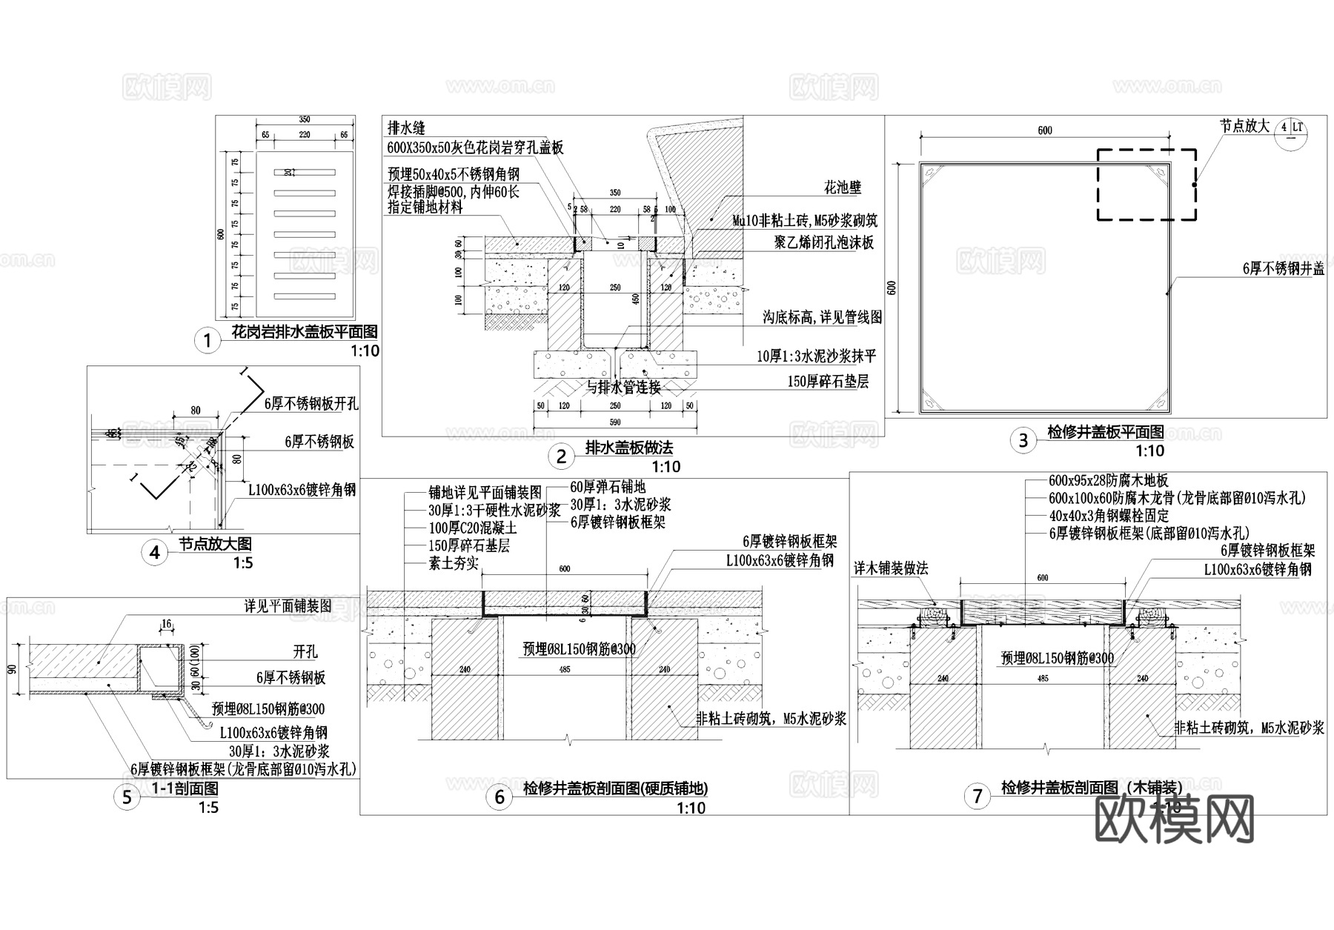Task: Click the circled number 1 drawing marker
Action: (x=208, y=340)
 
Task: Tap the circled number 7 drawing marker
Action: (x=978, y=797)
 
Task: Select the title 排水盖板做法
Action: (x=629, y=448)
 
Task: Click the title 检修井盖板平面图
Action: (x=1105, y=431)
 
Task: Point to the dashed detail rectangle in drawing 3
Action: (x=1146, y=185)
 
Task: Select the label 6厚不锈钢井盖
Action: (x=1283, y=269)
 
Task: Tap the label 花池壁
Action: (x=843, y=187)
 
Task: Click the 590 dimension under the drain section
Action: (x=614, y=422)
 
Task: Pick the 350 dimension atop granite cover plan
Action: (x=304, y=119)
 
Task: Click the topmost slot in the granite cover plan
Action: (x=304, y=173)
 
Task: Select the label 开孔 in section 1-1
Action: (x=305, y=651)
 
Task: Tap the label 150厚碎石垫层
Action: (x=828, y=382)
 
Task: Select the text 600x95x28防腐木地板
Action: (x=1108, y=481)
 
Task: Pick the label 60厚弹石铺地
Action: (x=608, y=487)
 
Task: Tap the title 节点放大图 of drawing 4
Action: (x=214, y=545)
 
